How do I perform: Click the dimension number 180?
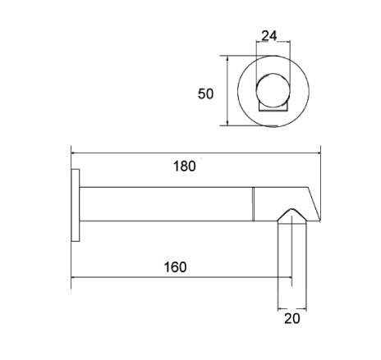pyautogui.click(x=185, y=166)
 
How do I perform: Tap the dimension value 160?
pyautogui.click(x=174, y=267)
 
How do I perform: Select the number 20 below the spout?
pyautogui.click(x=293, y=318)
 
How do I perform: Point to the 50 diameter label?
pyautogui.click(x=206, y=93)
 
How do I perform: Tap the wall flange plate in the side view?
pyautogui.click(x=76, y=205)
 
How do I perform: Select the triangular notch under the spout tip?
pyautogui.click(x=291, y=215)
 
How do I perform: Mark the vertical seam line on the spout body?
pyautogui.click(x=252, y=204)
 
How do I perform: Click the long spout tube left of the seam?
pyautogui.click(x=164, y=204)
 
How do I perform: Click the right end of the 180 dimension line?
pyautogui.click(x=319, y=151)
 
